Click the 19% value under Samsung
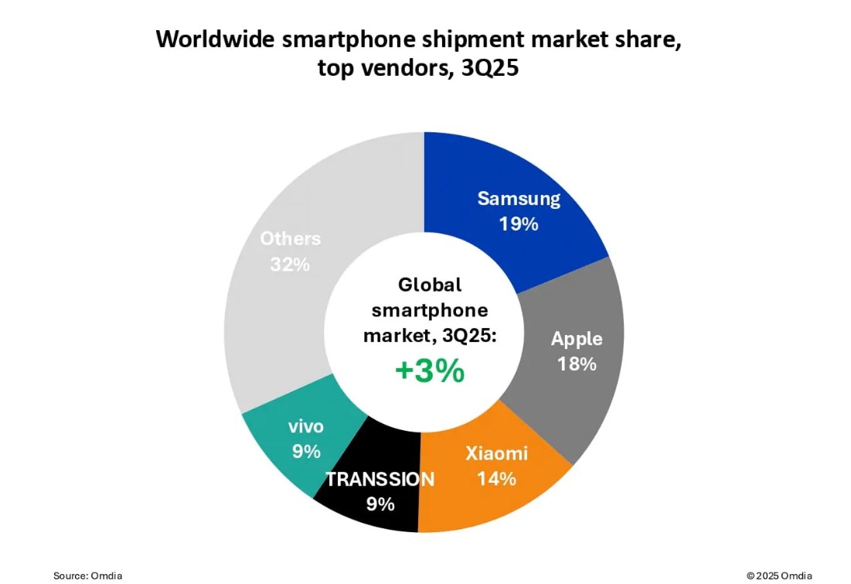(518, 224)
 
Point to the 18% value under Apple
(577, 364)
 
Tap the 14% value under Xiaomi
(496, 479)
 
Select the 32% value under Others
(290, 265)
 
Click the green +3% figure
(430, 371)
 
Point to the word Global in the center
(430, 285)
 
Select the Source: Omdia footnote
(88, 575)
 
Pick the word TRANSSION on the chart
(380, 479)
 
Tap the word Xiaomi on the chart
(496, 453)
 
